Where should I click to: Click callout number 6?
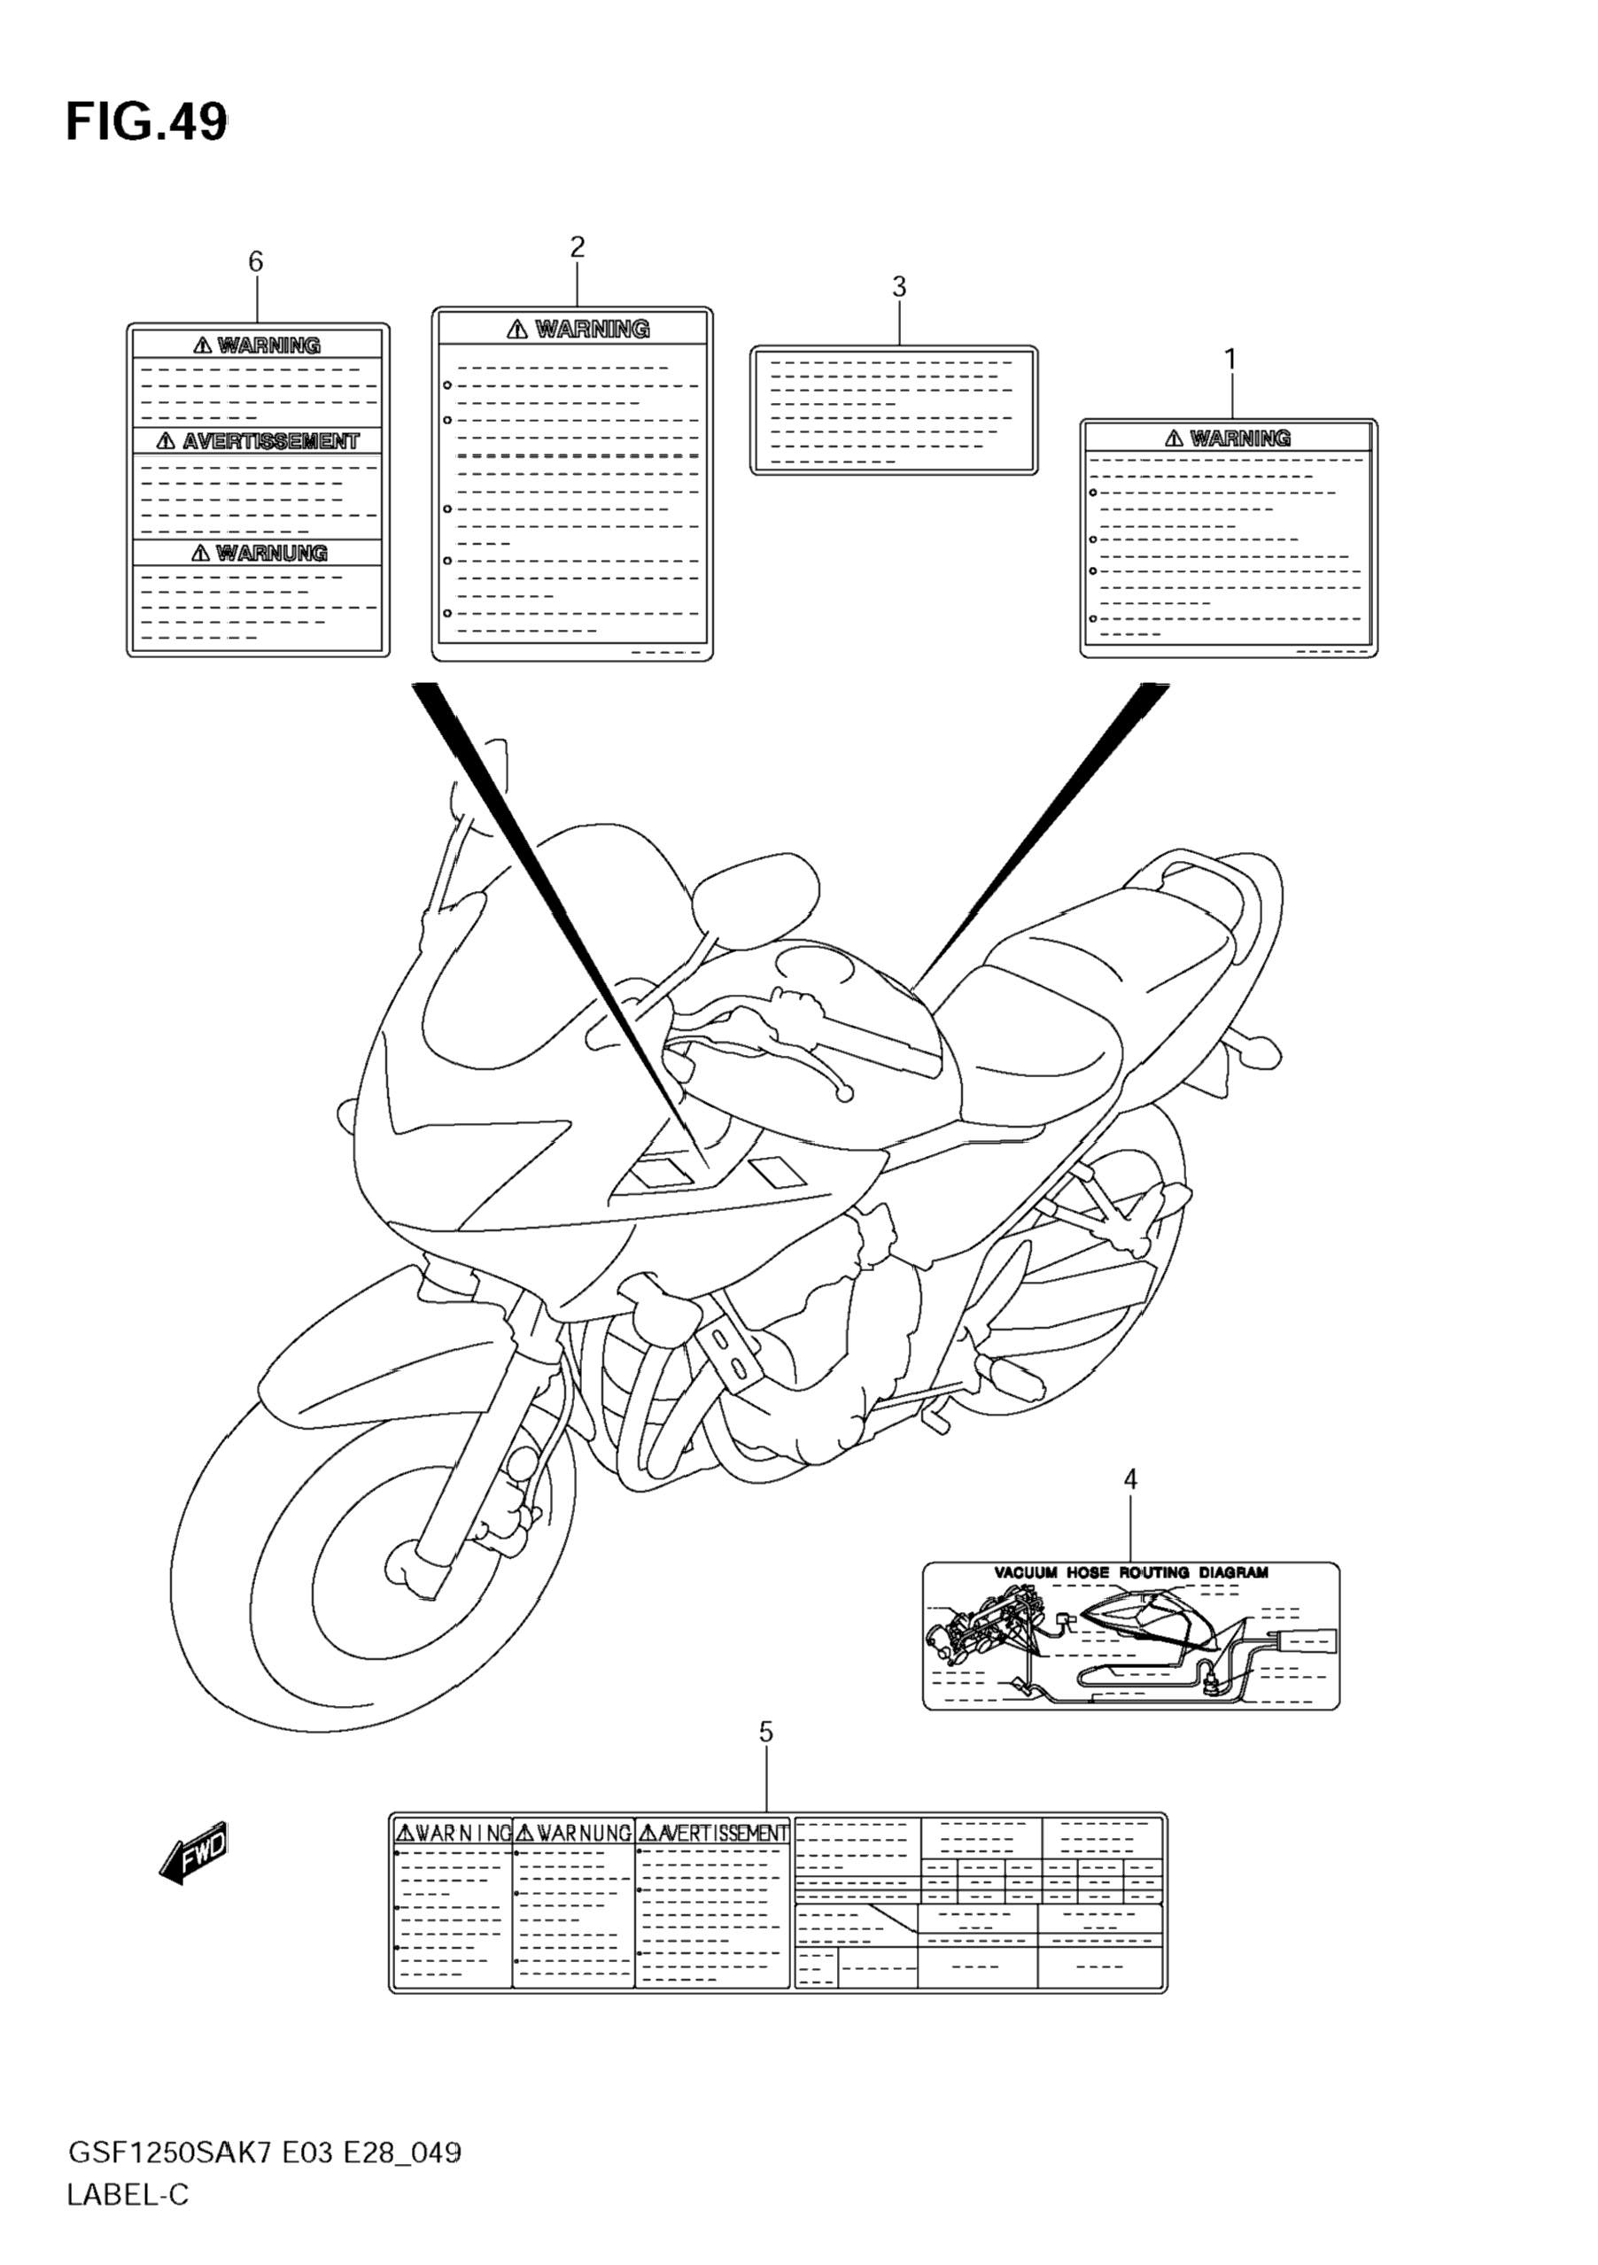point(255,261)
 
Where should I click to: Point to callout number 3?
point(898,287)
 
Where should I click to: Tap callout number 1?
point(1230,360)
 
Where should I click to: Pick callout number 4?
point(1130,1507)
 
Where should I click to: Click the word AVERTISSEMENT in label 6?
point(270,441)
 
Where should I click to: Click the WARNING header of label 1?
point(1240,438)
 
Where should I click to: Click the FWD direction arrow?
point(193,1851)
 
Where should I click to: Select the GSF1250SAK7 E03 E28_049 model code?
point(263,2152)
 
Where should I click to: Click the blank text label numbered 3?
point(894,410)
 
